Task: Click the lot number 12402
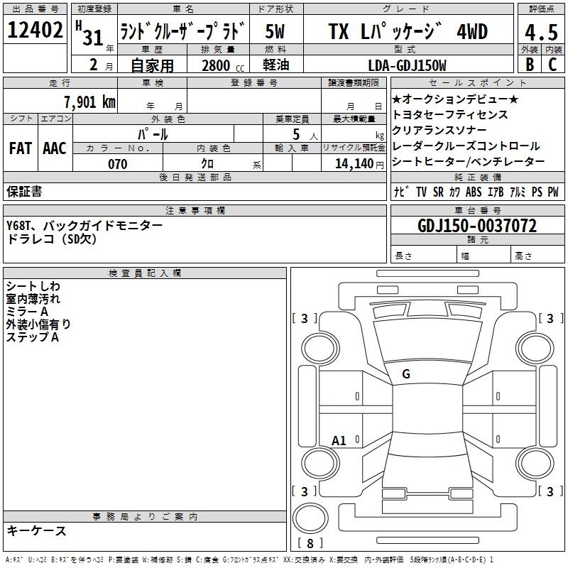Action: [x=35, y=30]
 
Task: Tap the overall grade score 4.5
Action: [x=541, y=32]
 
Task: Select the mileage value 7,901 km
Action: [x=89, y=102]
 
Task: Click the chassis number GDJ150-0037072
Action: [x=477, y=226]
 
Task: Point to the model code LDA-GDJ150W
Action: [x=407, y=65]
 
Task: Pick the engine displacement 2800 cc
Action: [x=223, y=65]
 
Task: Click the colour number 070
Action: [x=118, y=164]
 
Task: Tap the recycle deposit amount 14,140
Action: [x=354, y=163]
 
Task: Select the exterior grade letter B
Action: [x=530, y=65]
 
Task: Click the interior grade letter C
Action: [x=552, y=65]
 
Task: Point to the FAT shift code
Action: [x=21, y=148]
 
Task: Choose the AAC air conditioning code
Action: [x=55, y=148]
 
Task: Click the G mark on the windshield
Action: [x=406, y=374]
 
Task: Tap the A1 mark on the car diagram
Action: [x=339, y=441]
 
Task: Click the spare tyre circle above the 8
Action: [x=310, y=518]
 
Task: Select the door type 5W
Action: [x=275, y=31]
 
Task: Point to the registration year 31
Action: [x=93, y=38]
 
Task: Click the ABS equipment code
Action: [x=474, y=192]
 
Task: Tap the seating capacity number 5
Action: [x=296, y=134]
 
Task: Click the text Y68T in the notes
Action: [x=18, y=226]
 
